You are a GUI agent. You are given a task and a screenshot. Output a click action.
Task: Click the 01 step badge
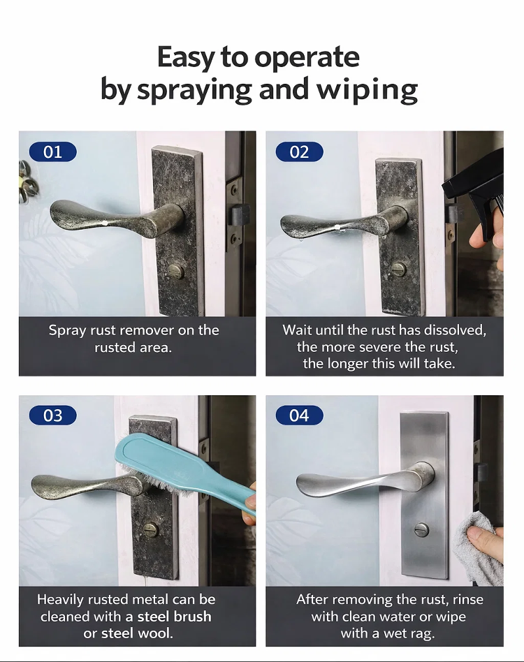pyautogui.click(x=52, y=152)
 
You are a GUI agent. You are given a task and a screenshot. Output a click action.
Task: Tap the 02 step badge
pyautogui.click(x=298, y=152)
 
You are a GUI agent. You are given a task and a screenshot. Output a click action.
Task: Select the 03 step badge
pyautogui.click(x=52, y=415)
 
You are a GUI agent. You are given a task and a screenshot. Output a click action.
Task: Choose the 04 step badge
pyautogui.click(x=298, y=415)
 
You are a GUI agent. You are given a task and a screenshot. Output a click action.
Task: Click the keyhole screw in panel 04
pyautogui.click(x=420, y=529)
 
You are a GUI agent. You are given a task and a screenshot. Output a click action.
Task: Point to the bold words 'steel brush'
pyautogui.click(x=174, y=617)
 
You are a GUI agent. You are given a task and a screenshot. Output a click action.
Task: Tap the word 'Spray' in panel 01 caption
pyautogui.click(x=67, y=330)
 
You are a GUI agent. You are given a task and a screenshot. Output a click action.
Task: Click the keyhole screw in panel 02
pyautogui.click(x=398, y=267)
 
